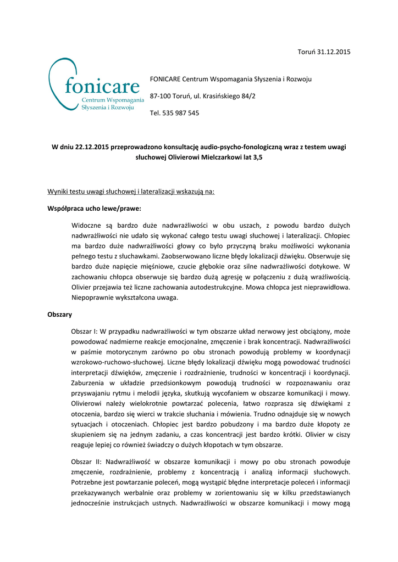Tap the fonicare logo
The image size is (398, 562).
98,88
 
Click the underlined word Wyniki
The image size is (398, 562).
58,192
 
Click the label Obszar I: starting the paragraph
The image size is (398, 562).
85,332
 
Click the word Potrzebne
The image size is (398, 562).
88,483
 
